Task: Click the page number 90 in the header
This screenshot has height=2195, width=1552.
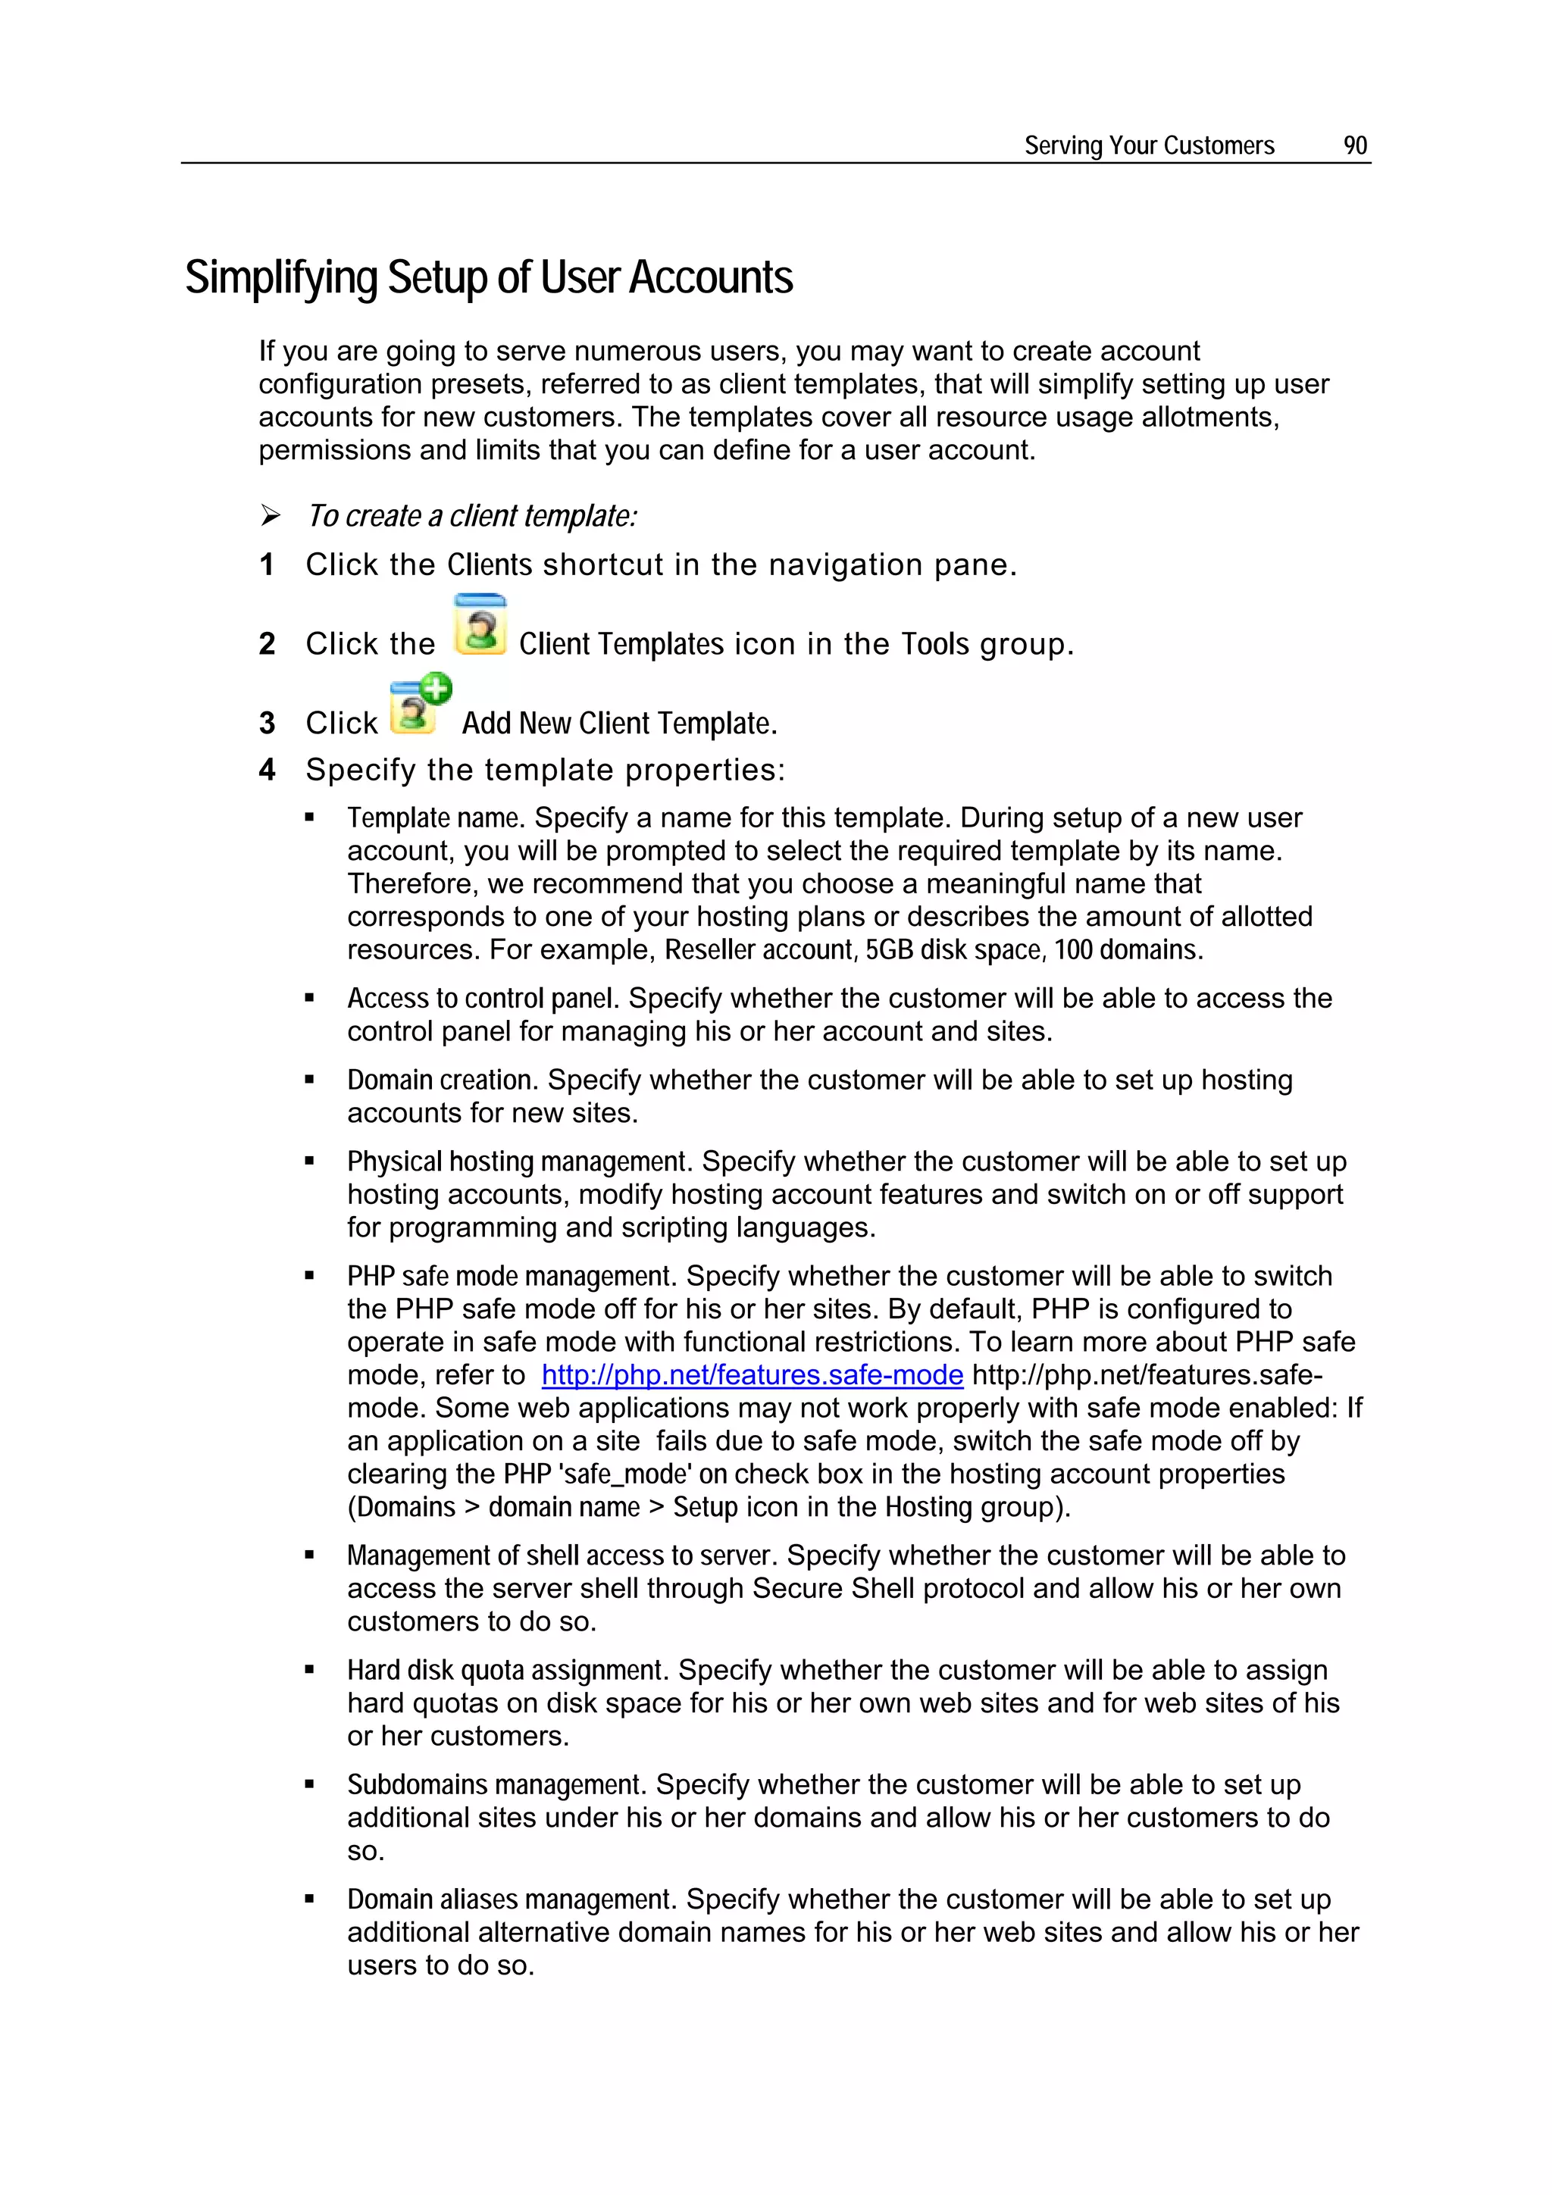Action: click(1354, 145)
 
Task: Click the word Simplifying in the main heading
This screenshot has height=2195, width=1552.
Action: click(281, 278)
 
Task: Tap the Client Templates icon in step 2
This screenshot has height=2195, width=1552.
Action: click(479, 625)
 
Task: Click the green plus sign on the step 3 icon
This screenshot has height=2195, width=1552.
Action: click(436, 687)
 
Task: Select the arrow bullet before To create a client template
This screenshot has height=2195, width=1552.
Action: click(271, 516)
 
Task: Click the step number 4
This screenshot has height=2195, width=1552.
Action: click(267, 770)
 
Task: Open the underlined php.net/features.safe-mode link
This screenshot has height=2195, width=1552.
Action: click(752, 1374)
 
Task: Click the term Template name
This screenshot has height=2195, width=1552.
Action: click(434, 818)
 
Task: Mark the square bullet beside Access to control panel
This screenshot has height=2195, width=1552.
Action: click(310, 998)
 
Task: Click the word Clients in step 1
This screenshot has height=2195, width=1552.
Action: click(490, 565)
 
